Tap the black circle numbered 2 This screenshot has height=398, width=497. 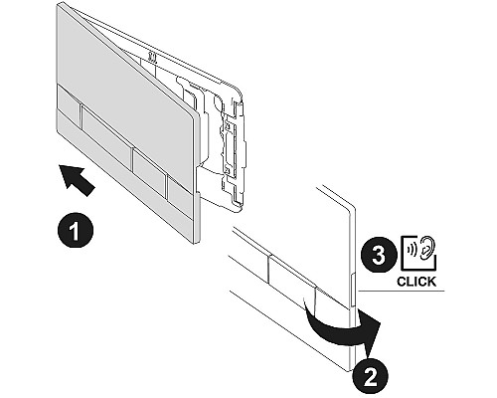pyautogui.click(x=370, y=376)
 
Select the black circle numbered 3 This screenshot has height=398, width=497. pyautogui.click(x=379, y=256)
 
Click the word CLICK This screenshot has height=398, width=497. pyautogui.click(x=416, y=282)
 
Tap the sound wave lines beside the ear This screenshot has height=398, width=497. pyautogui.click(x=414, y=249)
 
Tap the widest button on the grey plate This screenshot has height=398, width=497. pyautogui.click(x=106, y=136)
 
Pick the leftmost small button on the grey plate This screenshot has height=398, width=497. pyautogui.click(x=69, y=102)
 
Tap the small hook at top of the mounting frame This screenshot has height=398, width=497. pyautogui.click(x=153, y=57)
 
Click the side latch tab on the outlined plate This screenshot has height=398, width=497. pyautogui.click(x=353, y=290)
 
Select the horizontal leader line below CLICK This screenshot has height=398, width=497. pyautogui.click(x=401, y=292)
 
